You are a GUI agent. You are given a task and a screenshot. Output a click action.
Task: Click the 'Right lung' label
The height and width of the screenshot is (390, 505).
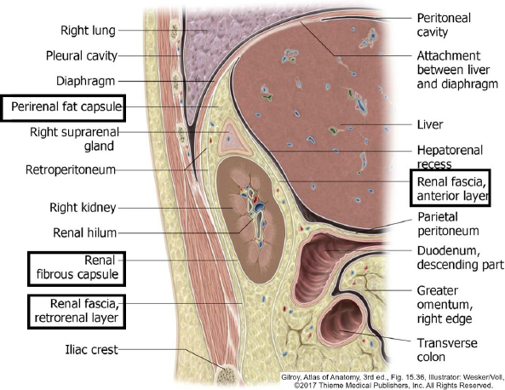tap(88, 31)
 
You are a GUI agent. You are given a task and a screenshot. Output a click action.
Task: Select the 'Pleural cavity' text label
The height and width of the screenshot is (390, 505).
tap(82, 55)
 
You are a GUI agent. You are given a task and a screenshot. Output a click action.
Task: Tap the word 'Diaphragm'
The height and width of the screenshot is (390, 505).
tap(85, 81)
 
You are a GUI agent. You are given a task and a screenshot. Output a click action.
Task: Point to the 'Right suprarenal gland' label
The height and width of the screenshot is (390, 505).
tap(74, 139)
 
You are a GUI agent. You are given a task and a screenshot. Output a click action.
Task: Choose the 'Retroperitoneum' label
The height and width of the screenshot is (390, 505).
tap(71, 169)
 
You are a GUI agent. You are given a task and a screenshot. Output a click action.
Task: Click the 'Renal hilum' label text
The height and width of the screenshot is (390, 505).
tap(84, 232)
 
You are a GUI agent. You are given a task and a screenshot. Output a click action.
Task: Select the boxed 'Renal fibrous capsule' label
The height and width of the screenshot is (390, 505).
tap(77, 267)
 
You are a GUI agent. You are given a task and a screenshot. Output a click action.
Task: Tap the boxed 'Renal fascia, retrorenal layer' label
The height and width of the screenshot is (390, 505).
tap(77, 311)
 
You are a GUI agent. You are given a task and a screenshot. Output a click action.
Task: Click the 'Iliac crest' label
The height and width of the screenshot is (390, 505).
tap(91, 349)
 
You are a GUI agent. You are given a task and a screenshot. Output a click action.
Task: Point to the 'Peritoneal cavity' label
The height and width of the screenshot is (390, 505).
tap(444, 25)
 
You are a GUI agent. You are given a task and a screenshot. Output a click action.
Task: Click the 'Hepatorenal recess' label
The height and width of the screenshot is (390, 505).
tap(450, 157)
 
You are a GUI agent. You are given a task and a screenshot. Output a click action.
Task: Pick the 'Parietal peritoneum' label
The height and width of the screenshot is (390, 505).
tap(448, 224)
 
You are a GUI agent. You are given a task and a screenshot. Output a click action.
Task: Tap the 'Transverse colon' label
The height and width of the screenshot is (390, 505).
tap(447, 350)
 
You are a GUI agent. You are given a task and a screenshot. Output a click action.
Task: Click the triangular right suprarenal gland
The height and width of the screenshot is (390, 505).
tap(233, 138)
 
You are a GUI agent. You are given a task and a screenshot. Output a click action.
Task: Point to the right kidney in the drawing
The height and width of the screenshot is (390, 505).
tap(251, 220)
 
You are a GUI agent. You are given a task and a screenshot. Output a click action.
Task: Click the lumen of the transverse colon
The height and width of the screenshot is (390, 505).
tap(343, 323)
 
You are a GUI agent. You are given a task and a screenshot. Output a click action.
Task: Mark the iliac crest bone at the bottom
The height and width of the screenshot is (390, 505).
tap(227, 376)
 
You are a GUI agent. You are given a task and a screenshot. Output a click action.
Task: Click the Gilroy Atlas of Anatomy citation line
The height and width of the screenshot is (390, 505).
tap(393, 377)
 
